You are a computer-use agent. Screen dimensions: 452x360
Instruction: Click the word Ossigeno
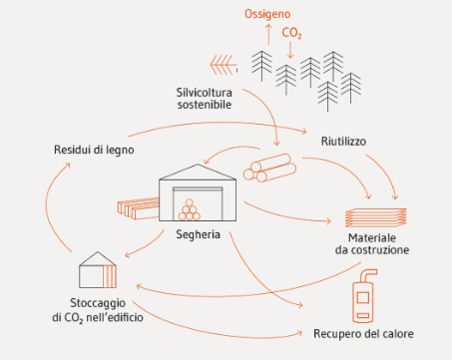click(x=267, y=14)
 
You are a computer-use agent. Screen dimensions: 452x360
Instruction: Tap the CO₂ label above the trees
click(x=291, y=33)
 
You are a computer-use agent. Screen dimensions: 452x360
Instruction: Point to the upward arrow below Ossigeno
click(x=268, y=34)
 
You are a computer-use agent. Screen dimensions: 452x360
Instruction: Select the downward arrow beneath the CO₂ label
click(x=290, y=49)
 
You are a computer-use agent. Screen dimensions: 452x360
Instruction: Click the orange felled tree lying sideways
click(x=224, y=65)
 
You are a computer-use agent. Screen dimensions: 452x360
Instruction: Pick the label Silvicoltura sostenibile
click(x=204, y=99)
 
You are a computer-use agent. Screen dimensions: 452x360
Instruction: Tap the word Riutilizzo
click(x=343, y=142)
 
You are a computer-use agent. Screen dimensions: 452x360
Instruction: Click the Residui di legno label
click(x=94, y=150)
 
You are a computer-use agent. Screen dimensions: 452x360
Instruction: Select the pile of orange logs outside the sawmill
click(x=269, y=168)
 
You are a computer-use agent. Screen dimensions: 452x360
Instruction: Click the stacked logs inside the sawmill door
click(x=190, y=210)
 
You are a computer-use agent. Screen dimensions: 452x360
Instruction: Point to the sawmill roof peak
click(x=198, y=165)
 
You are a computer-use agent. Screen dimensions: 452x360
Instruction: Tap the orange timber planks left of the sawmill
click(x=139, y=208)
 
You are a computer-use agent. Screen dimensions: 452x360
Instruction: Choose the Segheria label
click(x=198, y=234)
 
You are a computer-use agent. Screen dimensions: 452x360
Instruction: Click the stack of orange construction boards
click(x=376, y=217)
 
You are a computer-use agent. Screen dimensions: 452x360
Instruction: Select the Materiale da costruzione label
click(x=372, y=244)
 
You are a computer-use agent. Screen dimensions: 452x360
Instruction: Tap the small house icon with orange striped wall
click(x=98, y=269)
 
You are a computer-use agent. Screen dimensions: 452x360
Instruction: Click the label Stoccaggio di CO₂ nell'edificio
click(x=98, y=310)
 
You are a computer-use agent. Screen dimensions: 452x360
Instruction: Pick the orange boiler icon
click(x=363, y=296)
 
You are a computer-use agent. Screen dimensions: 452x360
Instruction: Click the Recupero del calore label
click(x=363, y=334)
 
